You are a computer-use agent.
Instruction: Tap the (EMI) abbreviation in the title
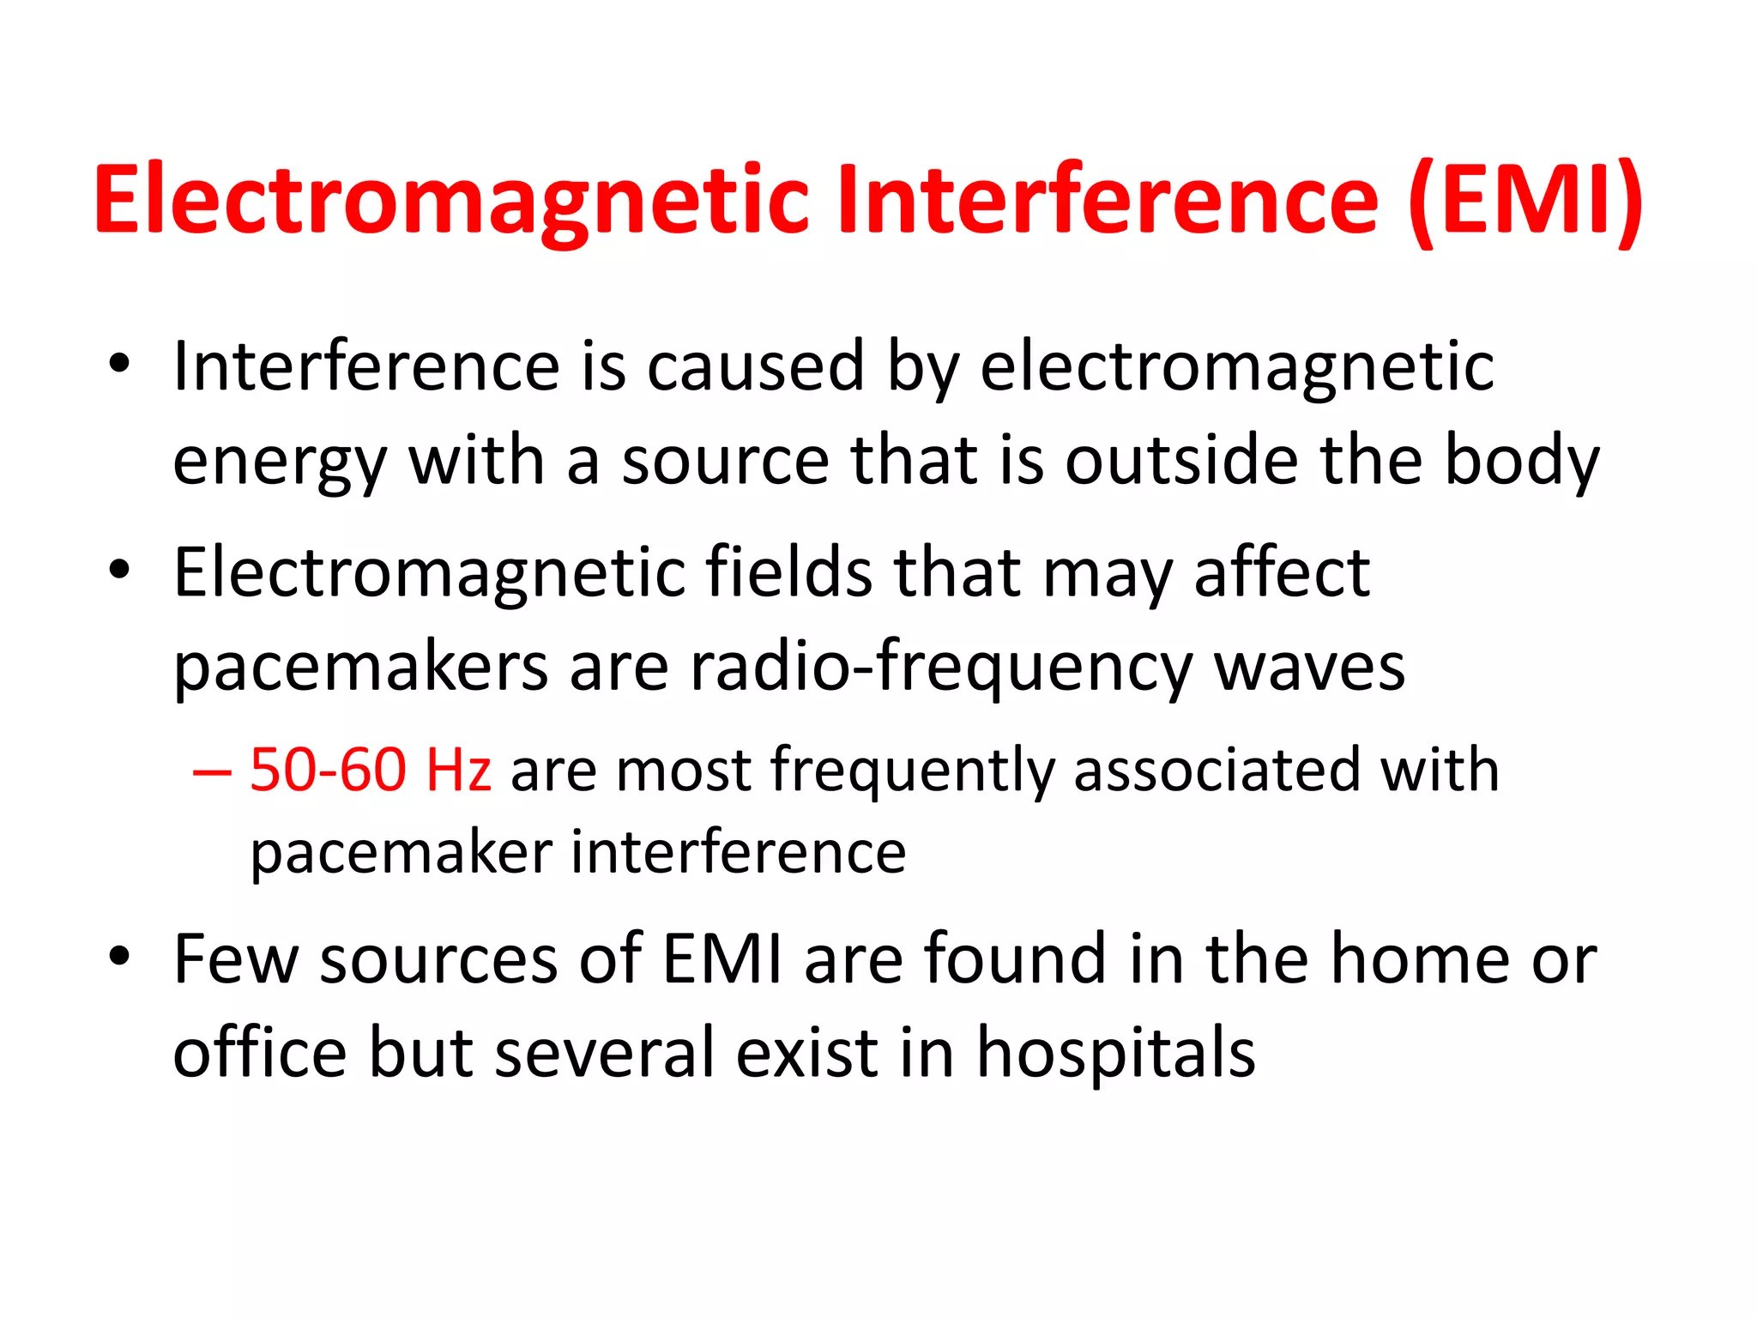(x=1525, y=202)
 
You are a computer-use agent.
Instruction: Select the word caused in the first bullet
(x=755, y=367)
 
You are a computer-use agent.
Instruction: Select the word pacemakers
(x=360, y=668)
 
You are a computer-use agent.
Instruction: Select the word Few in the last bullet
(x=235, y=959)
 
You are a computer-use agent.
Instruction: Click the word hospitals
(x=1115, y=1054)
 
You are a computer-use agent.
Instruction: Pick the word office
(x=260, y=1054)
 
